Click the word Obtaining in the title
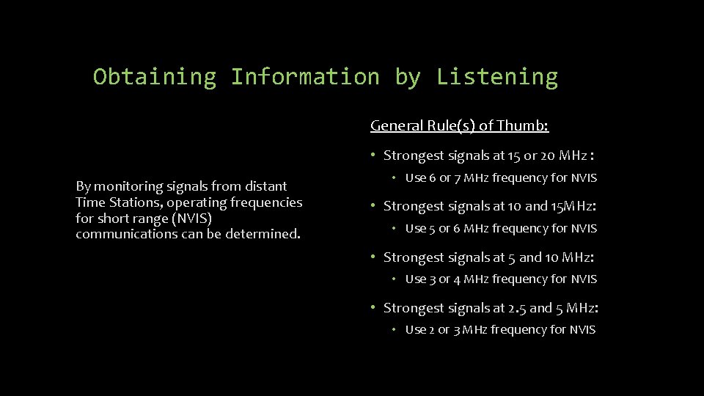tap(155, 77)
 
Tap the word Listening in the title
tap(496, 77)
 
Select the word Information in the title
tap(305, 77)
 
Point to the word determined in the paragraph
tap(265, 235)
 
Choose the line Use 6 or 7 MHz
tap(501, 178)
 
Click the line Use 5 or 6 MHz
tap(501, 229)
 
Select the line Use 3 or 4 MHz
tap(501, 279)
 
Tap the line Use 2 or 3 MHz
tap(500, 330)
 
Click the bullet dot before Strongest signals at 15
tap(373, 155)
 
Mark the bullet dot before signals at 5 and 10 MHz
tap(373, 257)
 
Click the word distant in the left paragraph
tap(265, 186)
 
